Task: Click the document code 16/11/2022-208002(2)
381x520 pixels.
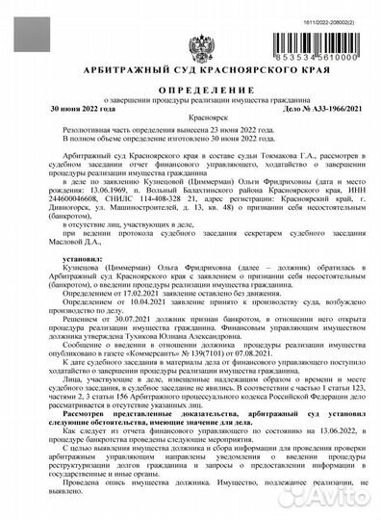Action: point(329,8)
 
